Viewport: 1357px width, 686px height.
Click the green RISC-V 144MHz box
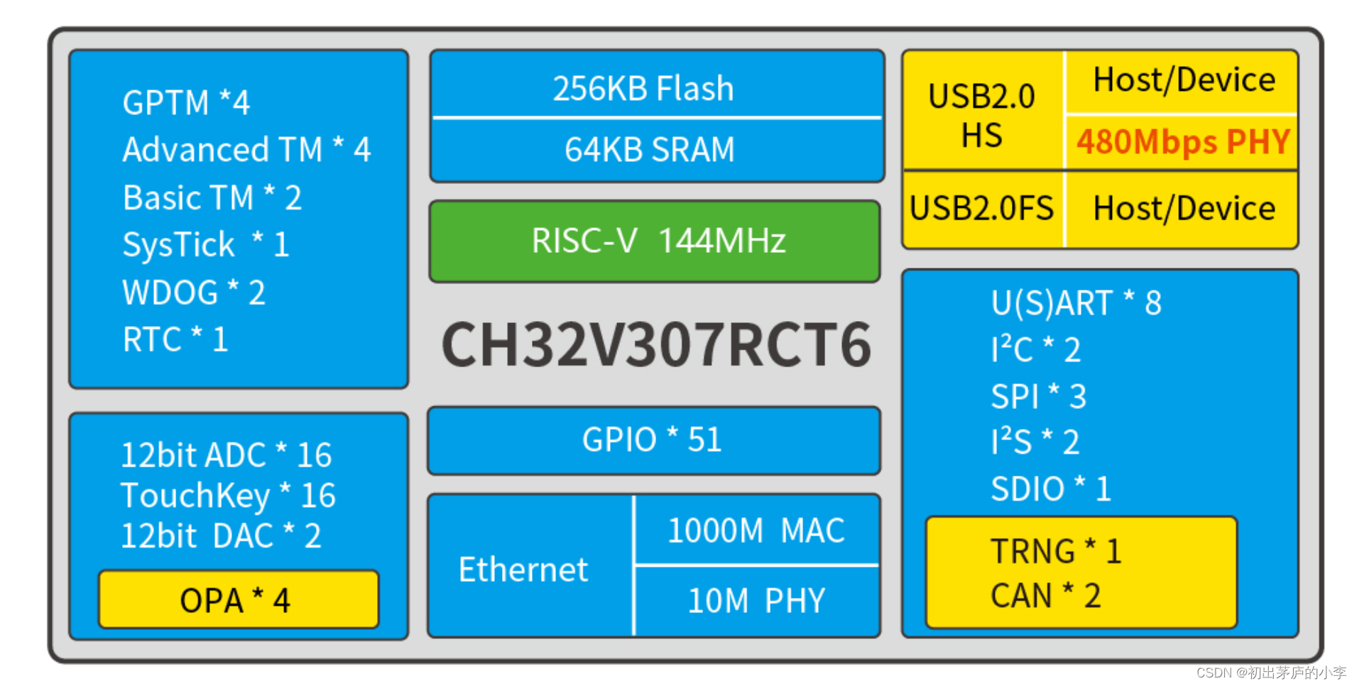coord(655,241)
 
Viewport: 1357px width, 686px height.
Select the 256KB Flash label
coord(643,89)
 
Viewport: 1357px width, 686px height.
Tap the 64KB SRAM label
coord(649,150)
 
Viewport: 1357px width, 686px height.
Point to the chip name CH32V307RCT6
coord(656,345)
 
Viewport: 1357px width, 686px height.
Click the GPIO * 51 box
coord(653,440)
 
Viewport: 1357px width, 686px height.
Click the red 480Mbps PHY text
coord(1182,142)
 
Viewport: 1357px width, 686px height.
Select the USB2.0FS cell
coord(981,209)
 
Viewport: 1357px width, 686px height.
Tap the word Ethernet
coord(523,570)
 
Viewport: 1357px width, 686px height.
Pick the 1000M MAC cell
coord(756,530)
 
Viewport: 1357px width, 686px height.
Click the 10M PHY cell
coord(756,601)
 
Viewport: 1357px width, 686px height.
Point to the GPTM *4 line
coord(186,103)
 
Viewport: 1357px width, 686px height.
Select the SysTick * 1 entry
coord(206,245)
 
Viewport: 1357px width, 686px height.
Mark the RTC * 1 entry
coord(175,339)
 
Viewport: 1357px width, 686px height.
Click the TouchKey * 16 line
coord(228,496)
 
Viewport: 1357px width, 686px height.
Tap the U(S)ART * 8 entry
coord(1076,303)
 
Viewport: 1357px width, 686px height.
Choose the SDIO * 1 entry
coord(1051,489)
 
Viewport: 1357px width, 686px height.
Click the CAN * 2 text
coord(1045,596)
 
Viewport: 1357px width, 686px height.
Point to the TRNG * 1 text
coord(1056,552)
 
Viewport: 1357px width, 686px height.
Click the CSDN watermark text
coord(1271,673)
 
